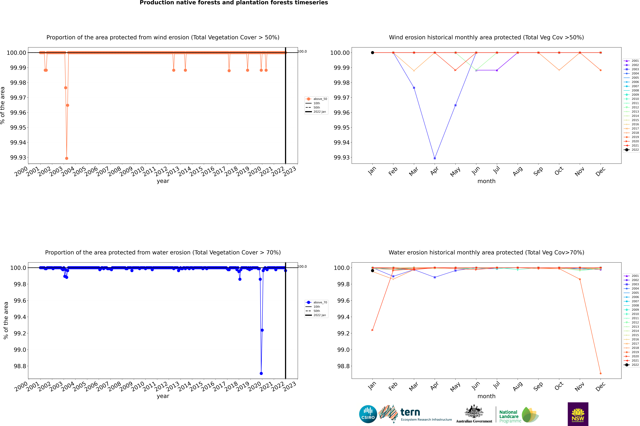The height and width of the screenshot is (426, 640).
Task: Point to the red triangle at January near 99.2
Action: coord(373,330)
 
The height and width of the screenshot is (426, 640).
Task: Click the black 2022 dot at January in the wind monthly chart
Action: coord(373,53)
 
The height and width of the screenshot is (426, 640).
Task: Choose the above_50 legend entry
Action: coord(317,99)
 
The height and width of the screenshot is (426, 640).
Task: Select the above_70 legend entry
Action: coord(317,302)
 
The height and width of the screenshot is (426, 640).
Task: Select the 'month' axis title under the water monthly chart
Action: coord(486,396)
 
